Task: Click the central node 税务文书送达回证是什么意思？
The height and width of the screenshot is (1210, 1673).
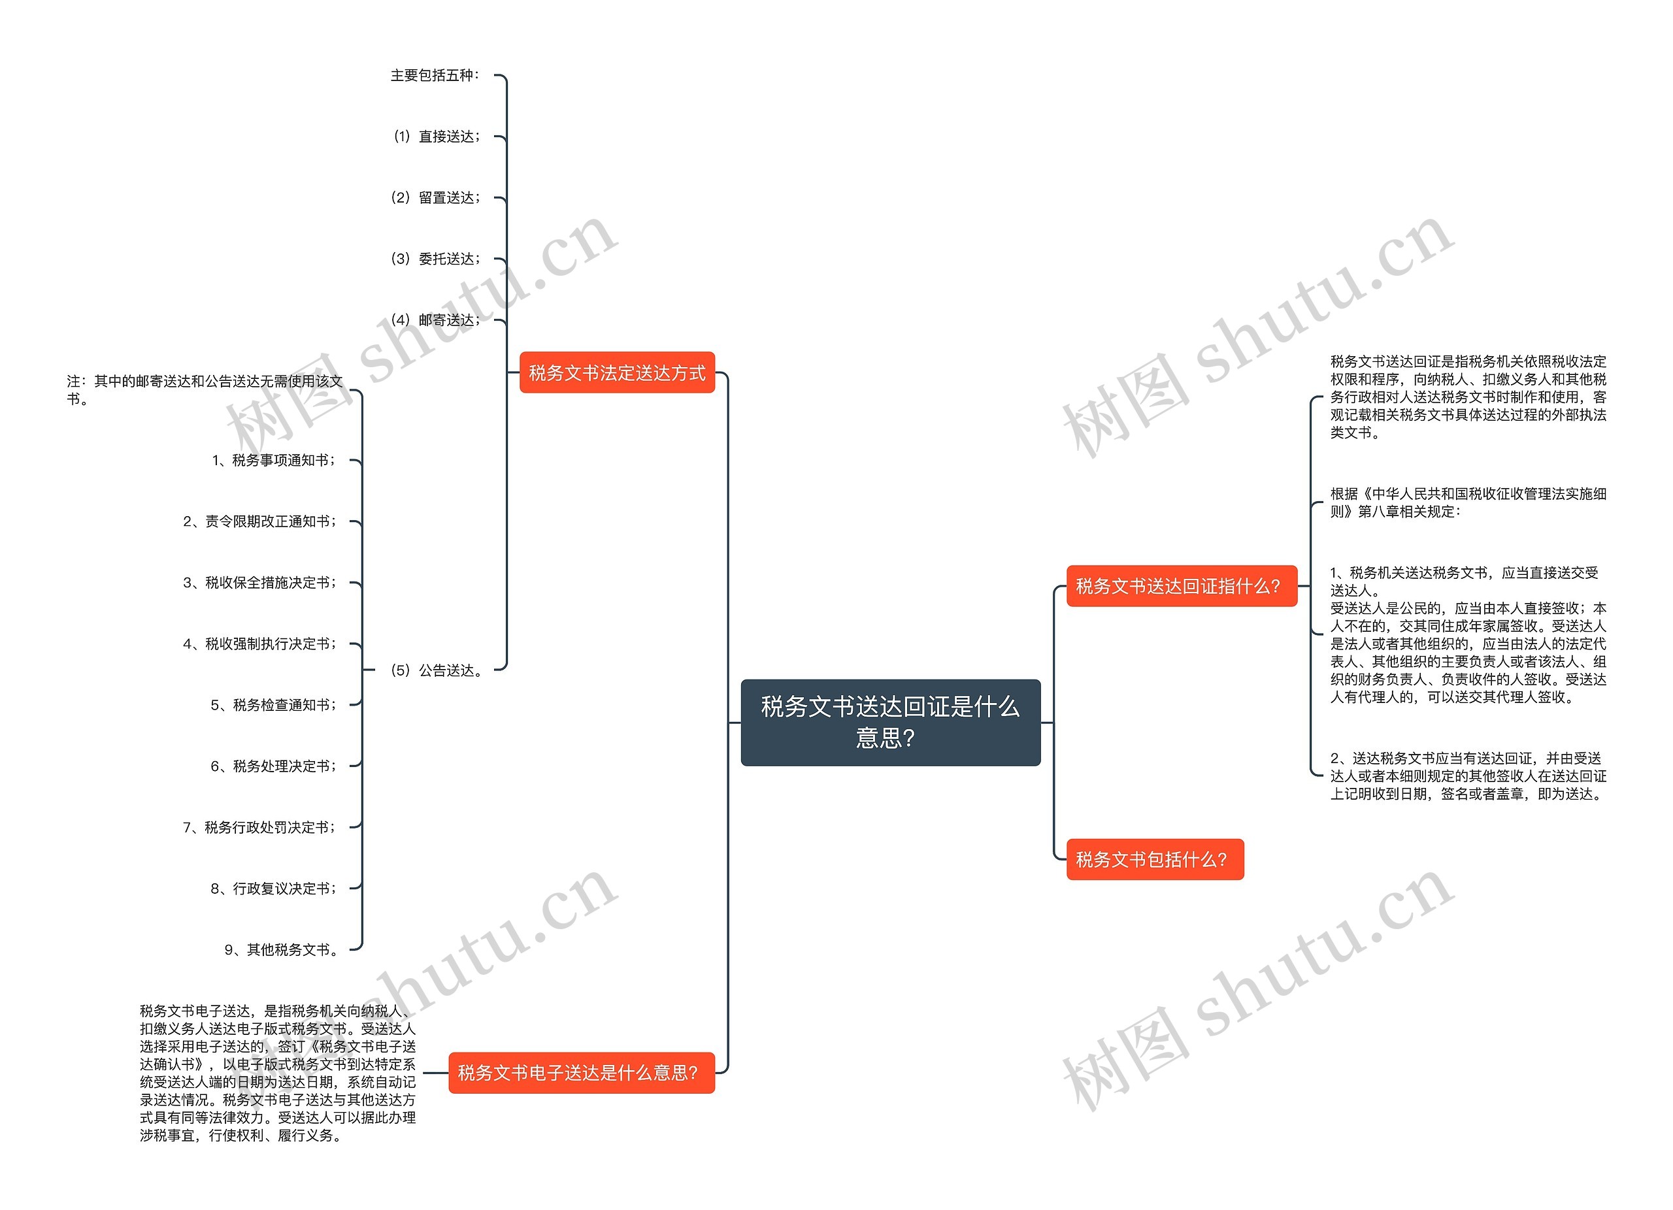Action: click(889, 722)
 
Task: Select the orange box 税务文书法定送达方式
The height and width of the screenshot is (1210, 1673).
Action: click(617, 372)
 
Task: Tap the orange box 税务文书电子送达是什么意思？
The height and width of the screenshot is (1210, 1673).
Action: click(581, 1072)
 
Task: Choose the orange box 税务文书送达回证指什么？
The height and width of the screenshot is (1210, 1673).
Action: click(1181, 586)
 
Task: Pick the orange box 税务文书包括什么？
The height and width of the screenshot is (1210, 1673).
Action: click(1154, 859)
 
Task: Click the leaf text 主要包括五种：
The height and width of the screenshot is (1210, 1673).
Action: click(435, 75)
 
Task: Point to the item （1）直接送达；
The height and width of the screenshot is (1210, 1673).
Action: click(435, 137)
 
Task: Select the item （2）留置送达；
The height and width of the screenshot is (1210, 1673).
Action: click(435, 197)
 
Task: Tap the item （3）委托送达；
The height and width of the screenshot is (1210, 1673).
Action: click(435, 259)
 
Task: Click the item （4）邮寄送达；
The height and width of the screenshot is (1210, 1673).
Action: click(435, 320)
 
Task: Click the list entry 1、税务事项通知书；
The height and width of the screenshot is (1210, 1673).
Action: click(274, 460)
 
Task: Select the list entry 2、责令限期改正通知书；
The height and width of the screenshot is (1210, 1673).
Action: click(259, 521)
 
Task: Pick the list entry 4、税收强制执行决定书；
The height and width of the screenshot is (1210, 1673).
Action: click(259, 644)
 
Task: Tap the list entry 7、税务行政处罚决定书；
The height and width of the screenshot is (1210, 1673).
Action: click(259, 827)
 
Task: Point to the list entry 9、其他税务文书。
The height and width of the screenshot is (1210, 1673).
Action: click(281, 950)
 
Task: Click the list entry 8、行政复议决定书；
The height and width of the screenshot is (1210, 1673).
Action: click(274, 889)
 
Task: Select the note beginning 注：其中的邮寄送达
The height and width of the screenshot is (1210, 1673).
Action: click(205, 390)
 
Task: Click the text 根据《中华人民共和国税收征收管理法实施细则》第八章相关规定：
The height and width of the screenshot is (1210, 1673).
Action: click(1467, 502)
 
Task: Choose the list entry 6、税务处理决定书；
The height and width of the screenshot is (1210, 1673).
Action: click(274, 766)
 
